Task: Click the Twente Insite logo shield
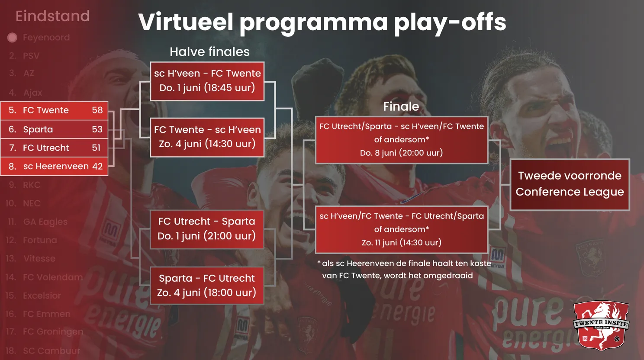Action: tap(601, 325)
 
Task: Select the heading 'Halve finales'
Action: tap(209, 52)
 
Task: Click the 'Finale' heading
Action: tap(401, 106)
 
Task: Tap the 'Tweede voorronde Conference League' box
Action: tap(570, 184)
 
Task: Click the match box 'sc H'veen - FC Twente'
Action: tap(207, 81)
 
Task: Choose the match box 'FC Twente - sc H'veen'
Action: tap(207, 137)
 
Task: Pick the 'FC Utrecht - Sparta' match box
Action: tap(207, 229)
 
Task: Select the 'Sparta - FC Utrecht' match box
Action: tap(207, 286)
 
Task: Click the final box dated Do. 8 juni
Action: tap(402, 140)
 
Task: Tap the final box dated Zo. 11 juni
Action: tap(402, 229)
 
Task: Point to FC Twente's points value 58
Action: tap(97, 110)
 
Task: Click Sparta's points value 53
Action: tap(97, 129)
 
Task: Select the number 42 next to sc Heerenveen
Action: tap(97, 167)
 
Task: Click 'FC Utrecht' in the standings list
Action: tap(46, 148)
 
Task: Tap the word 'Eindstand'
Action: tap(53, 16)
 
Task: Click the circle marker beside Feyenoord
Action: tap(13, 38)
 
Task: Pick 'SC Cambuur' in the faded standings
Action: tap(51, 350)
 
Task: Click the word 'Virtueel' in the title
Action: tap(186, 22)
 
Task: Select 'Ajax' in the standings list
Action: tap(33, 93)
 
